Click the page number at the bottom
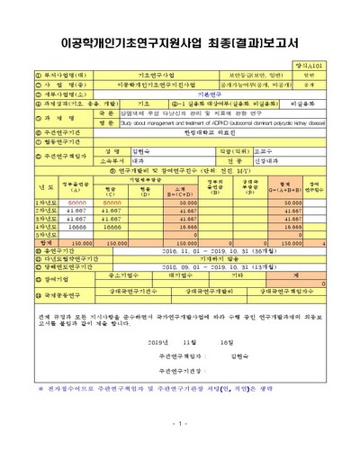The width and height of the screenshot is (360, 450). [180, 423]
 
